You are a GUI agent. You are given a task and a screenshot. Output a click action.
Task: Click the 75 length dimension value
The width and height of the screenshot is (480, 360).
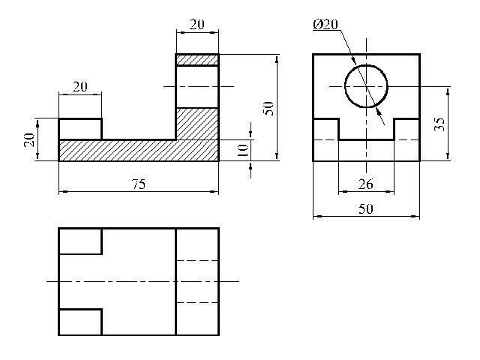[x=139, y=184]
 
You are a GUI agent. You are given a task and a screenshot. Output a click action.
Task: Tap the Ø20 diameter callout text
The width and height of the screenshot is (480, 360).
[x=325, y=24]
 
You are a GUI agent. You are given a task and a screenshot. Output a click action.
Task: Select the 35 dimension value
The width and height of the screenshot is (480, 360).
[x=439, y=124]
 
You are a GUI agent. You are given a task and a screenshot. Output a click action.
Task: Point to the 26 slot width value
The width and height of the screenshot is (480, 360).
[x=366, y=184]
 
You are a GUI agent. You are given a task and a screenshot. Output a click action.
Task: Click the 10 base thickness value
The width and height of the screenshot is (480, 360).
[x=242, y=150]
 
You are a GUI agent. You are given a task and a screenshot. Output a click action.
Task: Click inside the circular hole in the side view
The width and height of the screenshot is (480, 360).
[x=366, y=86]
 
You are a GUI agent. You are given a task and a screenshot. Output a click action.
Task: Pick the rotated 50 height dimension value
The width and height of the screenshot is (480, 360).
[x=268, y=108]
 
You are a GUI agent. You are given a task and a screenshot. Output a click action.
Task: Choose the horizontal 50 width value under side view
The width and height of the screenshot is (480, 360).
[x=366, y=208]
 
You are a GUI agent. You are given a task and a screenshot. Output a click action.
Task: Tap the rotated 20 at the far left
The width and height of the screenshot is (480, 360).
[x=29, y=140]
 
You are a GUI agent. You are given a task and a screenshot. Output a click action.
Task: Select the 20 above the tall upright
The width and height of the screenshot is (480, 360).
[x=196, y=25]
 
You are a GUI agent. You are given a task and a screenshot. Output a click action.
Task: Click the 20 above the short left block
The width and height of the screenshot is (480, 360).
[x=80, y=87]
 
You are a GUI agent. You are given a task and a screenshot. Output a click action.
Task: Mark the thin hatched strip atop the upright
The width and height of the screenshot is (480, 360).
[x=197, y=60]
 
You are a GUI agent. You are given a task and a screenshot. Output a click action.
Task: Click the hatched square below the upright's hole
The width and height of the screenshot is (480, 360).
[x=197, y=124]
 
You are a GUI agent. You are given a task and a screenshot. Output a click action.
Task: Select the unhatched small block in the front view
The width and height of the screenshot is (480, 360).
[x=80, y=129]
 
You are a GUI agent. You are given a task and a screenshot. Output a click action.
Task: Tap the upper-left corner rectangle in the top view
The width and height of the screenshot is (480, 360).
[x=80, y=241]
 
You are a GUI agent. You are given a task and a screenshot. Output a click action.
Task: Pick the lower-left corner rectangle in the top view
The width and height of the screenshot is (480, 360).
[x=80, y=322]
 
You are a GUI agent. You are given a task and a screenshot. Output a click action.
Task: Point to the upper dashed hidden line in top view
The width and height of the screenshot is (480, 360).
[x=197, y=260]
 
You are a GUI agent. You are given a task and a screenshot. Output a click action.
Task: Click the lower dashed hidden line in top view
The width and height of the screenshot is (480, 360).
[x=197, y=303]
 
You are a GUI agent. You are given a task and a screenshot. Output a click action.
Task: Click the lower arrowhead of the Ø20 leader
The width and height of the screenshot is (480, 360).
[x=379, y=112]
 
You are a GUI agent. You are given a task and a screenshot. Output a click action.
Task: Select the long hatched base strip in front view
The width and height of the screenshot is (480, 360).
[x=139, y=150]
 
